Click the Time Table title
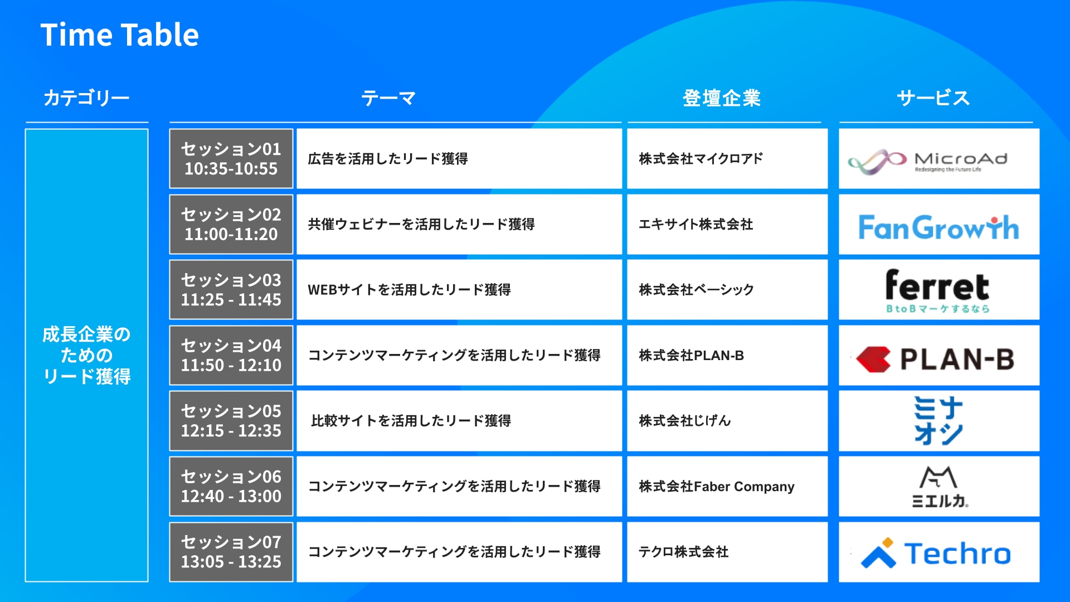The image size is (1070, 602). pyautogui.click(x=119, y=35)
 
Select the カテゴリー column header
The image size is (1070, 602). pyautogui.click(x=86, y=98)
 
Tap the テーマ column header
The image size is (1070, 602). pyautogui.click(x=388, y=98)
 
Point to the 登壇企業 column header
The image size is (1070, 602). pyautogui.click(x=722, y=98)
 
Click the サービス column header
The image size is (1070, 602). pyautogui.click(x=933, y=98)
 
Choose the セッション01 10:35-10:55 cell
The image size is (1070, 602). pyautogui.click(x=231, y=159)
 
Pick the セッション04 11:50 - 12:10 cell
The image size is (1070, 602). pyautogui.click(x=231, y=355)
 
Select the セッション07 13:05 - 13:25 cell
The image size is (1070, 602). pyautogui.click(x=231, y=552)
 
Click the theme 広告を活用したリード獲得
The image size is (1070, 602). pyautogui.click(x=388, y=159)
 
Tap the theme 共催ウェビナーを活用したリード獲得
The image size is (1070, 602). pyautogui.click(x=421, y=224)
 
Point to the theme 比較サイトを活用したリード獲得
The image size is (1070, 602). pyautogui.click(x=411, y=421)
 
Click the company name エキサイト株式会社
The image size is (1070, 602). pyautogui.click(x=696, y=224)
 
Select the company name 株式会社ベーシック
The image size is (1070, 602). pyautogui.click(x=697, y=290)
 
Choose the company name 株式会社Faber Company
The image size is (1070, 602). pyautogui.click(x=717, y=487)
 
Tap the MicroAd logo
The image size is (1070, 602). pyautogui.click(x=928, y=162)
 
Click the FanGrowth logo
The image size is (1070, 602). pyautogui.click(x=939, y=227)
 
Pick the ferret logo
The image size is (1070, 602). pyautogui.click(x=938, y=291)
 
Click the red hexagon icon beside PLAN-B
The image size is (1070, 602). pyautogui.click(x=873, y=359)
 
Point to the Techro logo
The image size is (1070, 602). pyautogui.click(x=936, y=554)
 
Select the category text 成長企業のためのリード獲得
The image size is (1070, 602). pyautogui.click(x=86, y=356)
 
